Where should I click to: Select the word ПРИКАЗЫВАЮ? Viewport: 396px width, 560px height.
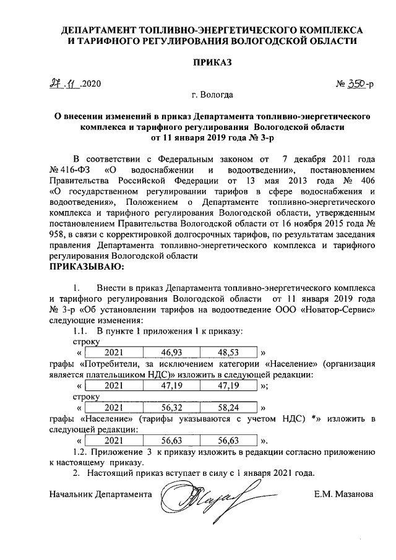(86, 267)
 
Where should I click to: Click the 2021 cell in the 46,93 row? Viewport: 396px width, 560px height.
(114, 352)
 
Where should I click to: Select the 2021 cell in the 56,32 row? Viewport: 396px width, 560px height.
(114, 408)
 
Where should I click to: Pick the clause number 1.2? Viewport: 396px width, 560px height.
(81, 452)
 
